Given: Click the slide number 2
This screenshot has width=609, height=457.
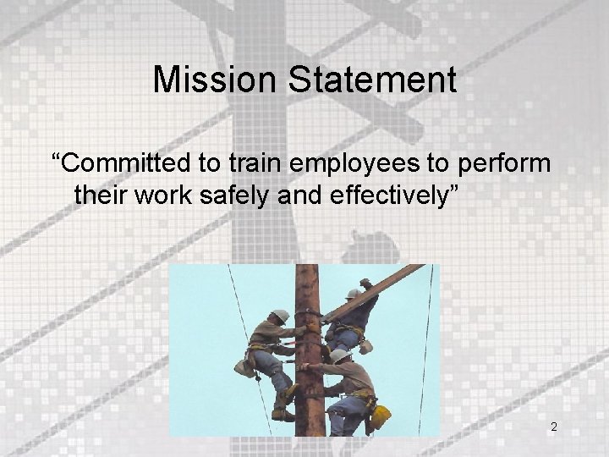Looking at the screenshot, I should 554,427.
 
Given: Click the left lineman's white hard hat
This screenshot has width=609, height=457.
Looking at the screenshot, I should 281,317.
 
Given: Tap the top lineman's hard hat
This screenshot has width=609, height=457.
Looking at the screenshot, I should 353,295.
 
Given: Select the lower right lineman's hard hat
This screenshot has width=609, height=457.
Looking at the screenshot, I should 338,356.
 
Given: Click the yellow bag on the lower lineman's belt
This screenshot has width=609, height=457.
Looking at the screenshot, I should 381,416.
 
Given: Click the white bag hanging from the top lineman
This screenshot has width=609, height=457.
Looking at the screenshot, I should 365,346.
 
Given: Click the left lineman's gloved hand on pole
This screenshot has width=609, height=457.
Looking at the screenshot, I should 301,331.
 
